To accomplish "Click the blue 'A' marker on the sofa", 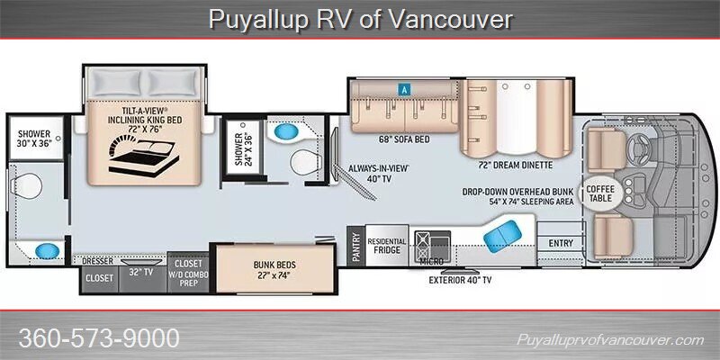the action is (x=404, y=90).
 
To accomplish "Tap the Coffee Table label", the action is (x=600, y=193).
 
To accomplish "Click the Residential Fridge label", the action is (x=387, y=246).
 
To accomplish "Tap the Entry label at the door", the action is (x=561, y=243).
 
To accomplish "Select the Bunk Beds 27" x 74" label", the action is (x=274, y=269).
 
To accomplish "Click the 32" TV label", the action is (x=140, y=272).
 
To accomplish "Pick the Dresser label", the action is (x=97, y=261).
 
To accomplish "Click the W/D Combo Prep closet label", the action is (x=188, y=274).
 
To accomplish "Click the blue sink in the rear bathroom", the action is (x=48, y=251).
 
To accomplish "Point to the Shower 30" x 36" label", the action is (x=35, y=139).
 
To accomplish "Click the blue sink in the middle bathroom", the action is (x=286, y=131).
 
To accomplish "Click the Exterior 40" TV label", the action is (x=460, y=280).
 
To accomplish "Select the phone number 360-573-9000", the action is (x=99, y=338).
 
